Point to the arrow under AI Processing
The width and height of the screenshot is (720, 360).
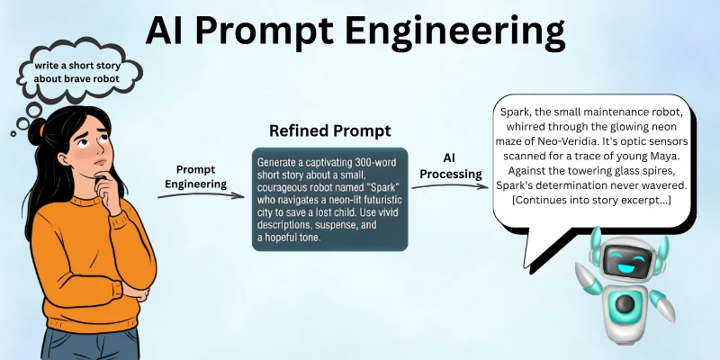coord(447,184)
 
